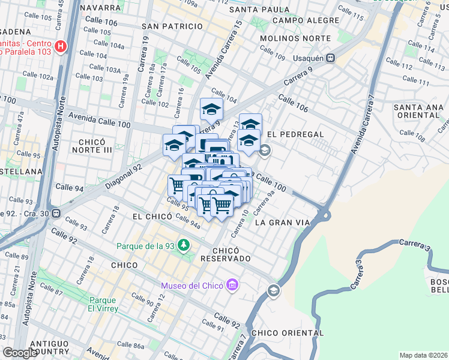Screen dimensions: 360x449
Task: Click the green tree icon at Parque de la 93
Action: click(184, 246)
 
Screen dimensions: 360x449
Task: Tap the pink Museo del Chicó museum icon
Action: click(232, 285)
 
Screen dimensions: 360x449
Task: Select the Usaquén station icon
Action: click(331, 58)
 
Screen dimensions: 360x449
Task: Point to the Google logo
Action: click(20, 352)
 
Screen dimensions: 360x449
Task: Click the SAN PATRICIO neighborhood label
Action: click(172, 26)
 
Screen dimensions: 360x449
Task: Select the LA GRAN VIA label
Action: click(282, 223)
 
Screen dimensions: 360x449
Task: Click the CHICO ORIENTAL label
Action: click(288, 333)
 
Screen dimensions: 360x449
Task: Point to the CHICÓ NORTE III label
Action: click(95, 145)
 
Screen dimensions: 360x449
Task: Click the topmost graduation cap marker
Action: click(211, 109)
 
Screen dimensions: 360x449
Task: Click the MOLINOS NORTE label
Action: click(295, 38)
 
